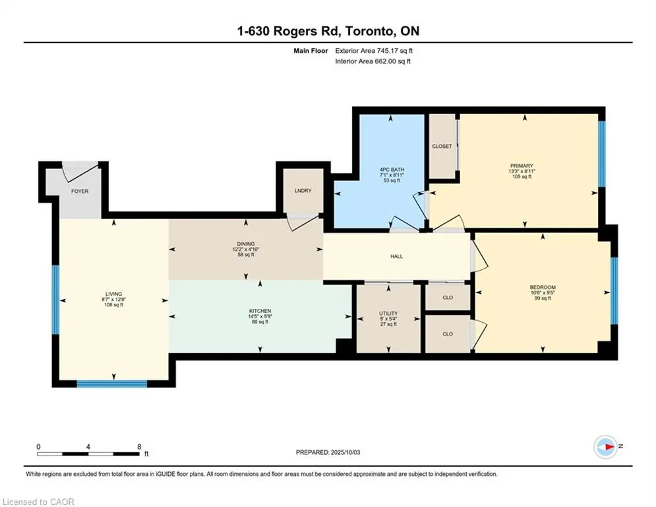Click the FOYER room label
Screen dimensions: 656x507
point(80,191)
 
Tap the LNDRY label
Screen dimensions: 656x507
point(303,190)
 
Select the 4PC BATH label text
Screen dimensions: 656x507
point(392,170)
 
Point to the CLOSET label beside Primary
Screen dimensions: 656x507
point(442,147)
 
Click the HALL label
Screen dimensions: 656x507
point(397,256)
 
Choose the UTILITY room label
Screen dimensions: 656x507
point(388,314)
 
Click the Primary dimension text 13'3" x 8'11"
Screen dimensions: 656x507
point(522,172)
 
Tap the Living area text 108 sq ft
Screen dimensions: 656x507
point(114,305)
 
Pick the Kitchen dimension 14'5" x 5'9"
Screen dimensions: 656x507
point(260,316)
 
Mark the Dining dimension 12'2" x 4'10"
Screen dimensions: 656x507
point(246,250)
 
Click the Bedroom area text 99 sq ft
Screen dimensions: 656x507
point(543,298)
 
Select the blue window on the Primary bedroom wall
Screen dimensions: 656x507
point(602,154)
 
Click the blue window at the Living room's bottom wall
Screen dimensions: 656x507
point(112,384)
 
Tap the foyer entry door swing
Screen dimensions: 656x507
point(80,172)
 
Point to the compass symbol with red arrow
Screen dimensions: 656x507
point(606,447)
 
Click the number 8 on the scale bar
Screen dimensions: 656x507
point(139,447)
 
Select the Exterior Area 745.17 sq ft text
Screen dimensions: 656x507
point(374,51)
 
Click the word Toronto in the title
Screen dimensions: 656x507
point(369,31)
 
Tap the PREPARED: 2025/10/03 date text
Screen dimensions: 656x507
point(328,452)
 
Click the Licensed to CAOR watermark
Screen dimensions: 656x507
point(38,502)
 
